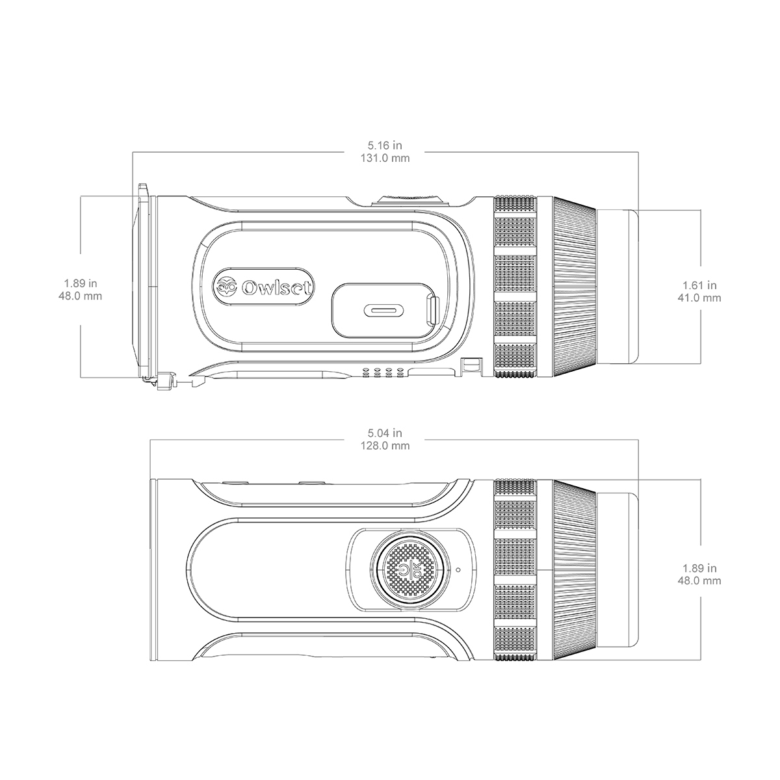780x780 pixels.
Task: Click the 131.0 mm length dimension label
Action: point(385,158)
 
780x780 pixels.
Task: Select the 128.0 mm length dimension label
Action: point(385,446)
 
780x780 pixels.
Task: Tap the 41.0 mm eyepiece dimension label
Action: point(699,298)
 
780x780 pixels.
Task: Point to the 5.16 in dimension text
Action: point(385,145)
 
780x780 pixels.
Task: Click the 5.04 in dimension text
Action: point(385,433)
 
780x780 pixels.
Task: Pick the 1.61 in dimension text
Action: point(699,285)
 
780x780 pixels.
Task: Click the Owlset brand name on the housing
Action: point(276,288)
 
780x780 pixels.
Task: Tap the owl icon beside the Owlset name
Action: point(227,287)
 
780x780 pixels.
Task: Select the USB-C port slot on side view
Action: point(383,311)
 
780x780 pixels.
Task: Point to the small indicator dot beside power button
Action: point(458,569)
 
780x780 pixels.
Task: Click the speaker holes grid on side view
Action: point(382,372)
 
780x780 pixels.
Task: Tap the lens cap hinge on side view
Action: point(166,382)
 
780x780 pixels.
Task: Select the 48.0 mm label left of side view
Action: point(80,296)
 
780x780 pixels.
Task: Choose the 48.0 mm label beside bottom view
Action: point(699,581)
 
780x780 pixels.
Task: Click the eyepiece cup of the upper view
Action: point(617,287)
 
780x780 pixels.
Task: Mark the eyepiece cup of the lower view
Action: point(617,569)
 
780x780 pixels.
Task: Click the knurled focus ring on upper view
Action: point(515,287)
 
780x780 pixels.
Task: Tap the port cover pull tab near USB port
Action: point(434,311)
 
